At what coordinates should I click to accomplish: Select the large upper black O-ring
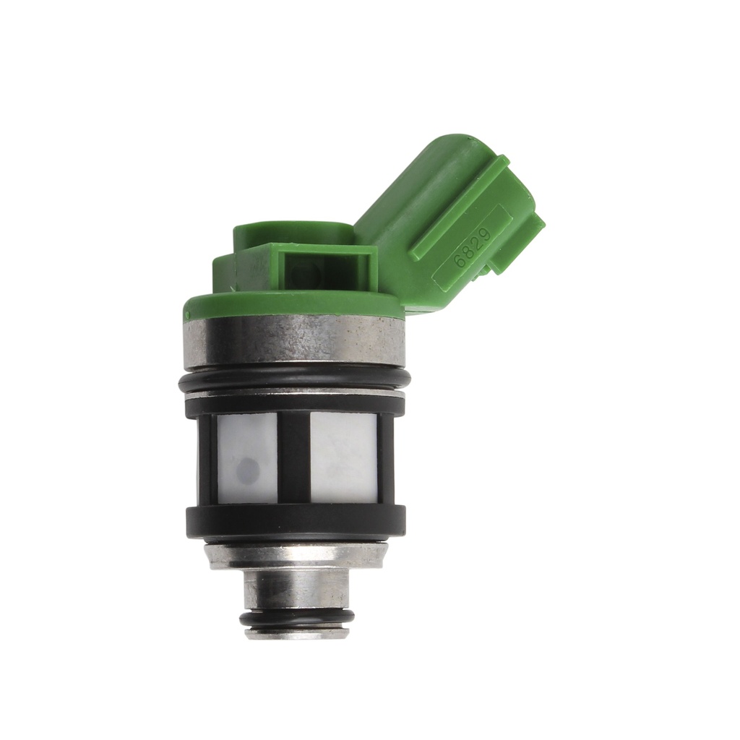[x=294, y=380]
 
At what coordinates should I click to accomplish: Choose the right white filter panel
[x=343, y=457]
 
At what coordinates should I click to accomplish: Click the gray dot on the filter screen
[x=249, y=471]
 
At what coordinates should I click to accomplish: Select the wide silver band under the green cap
[x=294, y=342]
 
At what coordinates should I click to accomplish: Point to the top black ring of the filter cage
[x=295, y=405]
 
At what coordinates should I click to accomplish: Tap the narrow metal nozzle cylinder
[x=297, y=588]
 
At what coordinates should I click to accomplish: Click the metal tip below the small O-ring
[x=297, y=633]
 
